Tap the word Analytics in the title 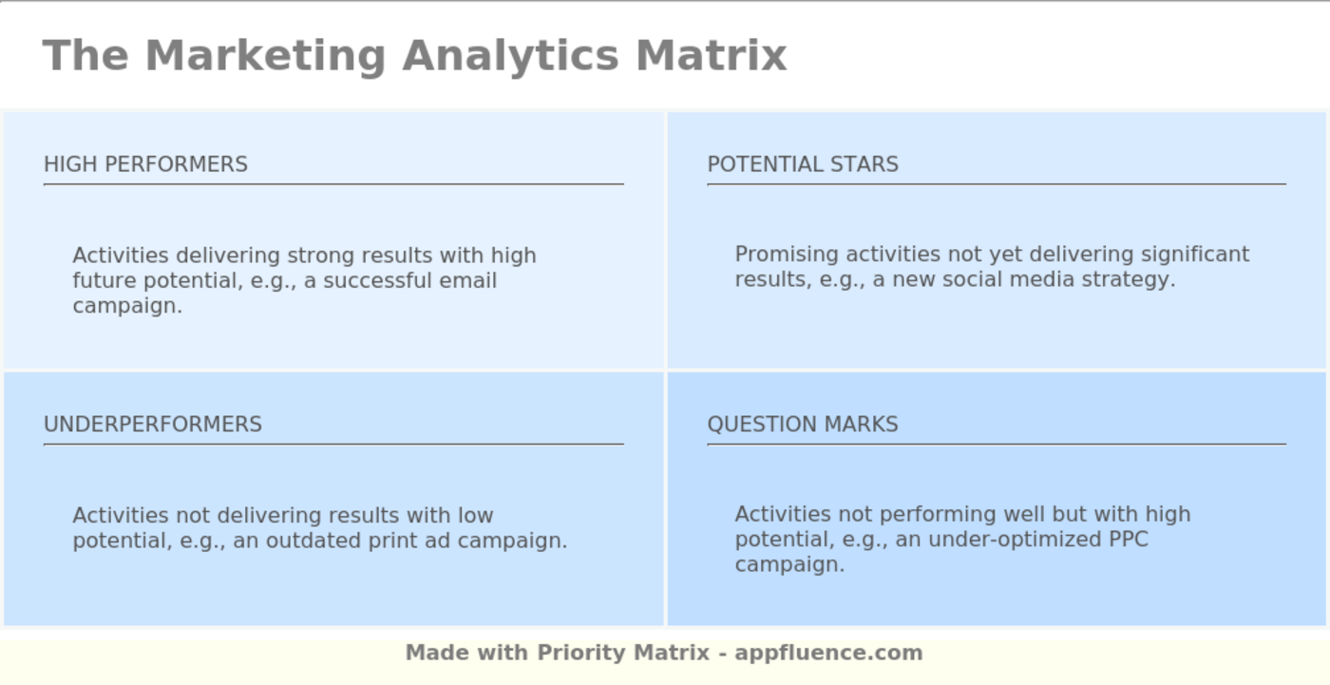click(x=511, y=55)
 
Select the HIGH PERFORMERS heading click(x=145, y=164)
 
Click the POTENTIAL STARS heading click(x=803, y=164)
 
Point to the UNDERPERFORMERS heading click(x=153, y=425)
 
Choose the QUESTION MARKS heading click(x=803, y=425)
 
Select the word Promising click(x=787, y=255)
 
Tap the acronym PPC click(x=1129, y=540)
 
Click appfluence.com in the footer click(x=828, y=653)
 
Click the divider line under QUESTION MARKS click(x=996, y=444)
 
